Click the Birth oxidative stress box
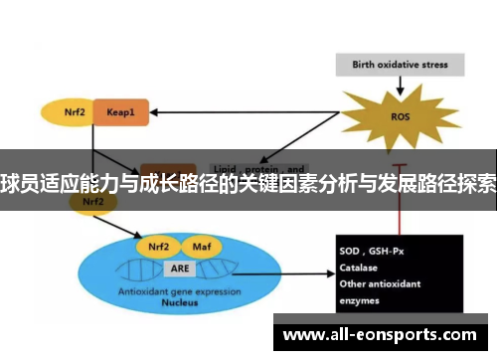point(401,66)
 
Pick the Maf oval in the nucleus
point(202,247)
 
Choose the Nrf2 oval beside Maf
point(158,247)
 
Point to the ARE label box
point(180,269)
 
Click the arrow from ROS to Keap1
point(248,113)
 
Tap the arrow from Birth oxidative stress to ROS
point(402,84)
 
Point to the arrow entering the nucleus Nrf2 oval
point(121,228)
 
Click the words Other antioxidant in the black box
point(383,283)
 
